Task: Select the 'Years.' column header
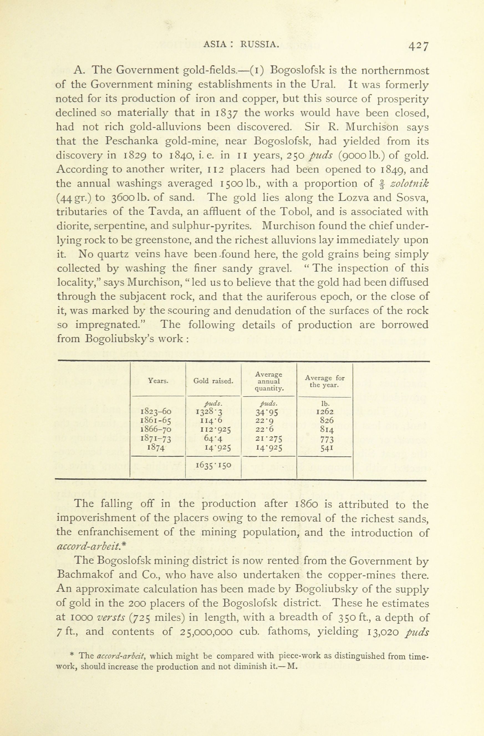[x=158, y=381]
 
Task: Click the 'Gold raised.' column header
[x=213, y=381]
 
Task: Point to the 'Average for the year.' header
[x=325, y=381]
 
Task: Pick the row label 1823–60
[x=156, y=412]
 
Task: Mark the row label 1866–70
[x=156, y=429]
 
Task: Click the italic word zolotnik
[x=409, y=183]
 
